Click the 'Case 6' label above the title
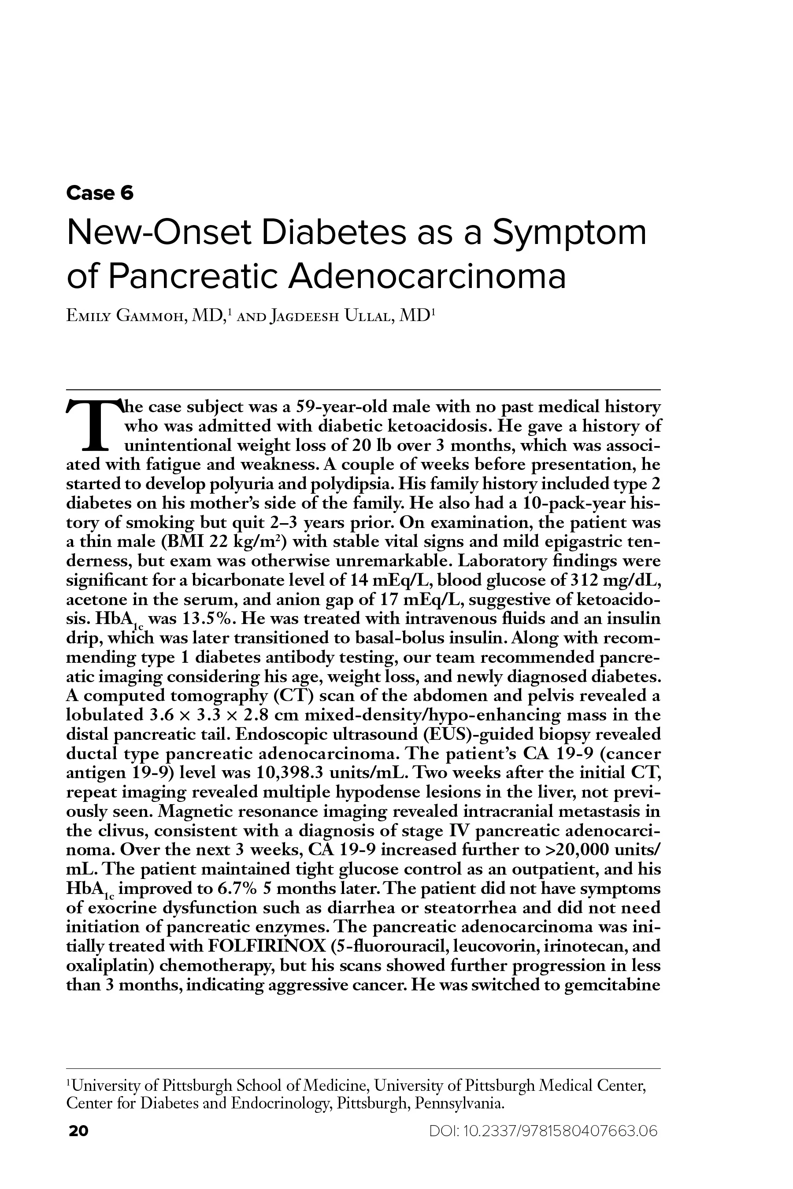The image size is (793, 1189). tap(100, 193)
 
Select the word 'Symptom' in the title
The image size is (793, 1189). tap(570, 233)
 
